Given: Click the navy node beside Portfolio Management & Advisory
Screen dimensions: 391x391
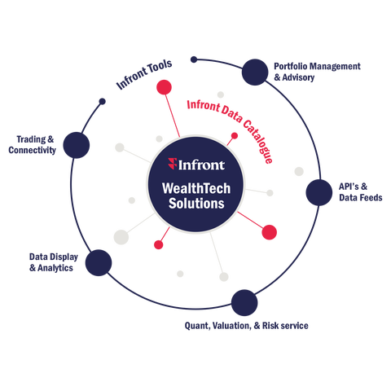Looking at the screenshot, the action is pos(255,72).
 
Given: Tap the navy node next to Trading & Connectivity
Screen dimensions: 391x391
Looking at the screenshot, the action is pos(77,145).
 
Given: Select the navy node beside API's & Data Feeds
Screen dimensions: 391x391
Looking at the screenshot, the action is pos(319,192).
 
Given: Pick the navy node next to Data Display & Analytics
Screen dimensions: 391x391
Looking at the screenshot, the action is pos(99,263).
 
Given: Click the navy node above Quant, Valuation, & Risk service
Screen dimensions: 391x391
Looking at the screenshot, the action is pos(244,303).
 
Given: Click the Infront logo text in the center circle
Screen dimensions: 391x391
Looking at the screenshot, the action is pos(201,165).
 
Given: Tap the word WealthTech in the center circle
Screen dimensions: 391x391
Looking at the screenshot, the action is pos(196,188).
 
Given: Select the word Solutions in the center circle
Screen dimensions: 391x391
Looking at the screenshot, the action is pos(196,204).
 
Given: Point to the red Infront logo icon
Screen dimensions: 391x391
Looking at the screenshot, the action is pos(173,164).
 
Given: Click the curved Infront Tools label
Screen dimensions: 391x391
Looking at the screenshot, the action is pos(144,74).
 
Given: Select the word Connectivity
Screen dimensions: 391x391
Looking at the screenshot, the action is pos(32,150).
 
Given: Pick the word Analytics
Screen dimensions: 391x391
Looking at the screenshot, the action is pos(55,268).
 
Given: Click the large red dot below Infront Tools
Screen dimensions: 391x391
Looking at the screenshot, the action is pos(164,87).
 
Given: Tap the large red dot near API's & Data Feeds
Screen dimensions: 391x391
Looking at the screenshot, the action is pos(269,232).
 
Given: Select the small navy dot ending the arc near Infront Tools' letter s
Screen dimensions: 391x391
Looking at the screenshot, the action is pos(194,59).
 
